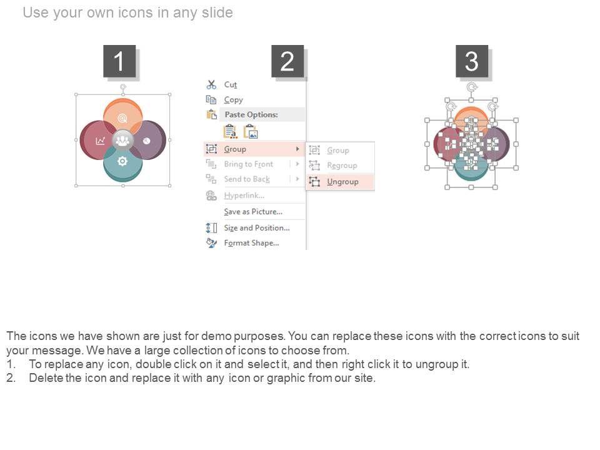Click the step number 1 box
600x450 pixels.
click(119, 61)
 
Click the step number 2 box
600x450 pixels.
click(287, 61)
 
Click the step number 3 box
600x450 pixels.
click(472, 61)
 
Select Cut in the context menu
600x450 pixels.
click(231, 84)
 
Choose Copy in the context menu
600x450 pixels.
click(233, 100)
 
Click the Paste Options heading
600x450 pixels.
click(251, 114)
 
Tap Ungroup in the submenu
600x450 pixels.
click(342, 182)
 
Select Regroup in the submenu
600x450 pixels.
click(342, 165)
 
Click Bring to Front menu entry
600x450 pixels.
click(249, 164)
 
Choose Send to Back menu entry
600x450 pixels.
click(247, 179)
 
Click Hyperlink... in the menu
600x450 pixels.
click(244, 196)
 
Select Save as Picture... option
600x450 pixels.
click(253, 212)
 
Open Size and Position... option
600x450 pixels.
click(257, 227)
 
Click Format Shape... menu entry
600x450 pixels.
click(251, 243)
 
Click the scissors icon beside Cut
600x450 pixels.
click(211, 84)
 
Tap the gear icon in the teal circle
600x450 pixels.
click(122, 161)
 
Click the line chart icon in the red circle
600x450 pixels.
click(100, 141)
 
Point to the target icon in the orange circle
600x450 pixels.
click(122, 118)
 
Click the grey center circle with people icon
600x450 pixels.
click(123, 141)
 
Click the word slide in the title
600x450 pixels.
click(217, 12)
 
